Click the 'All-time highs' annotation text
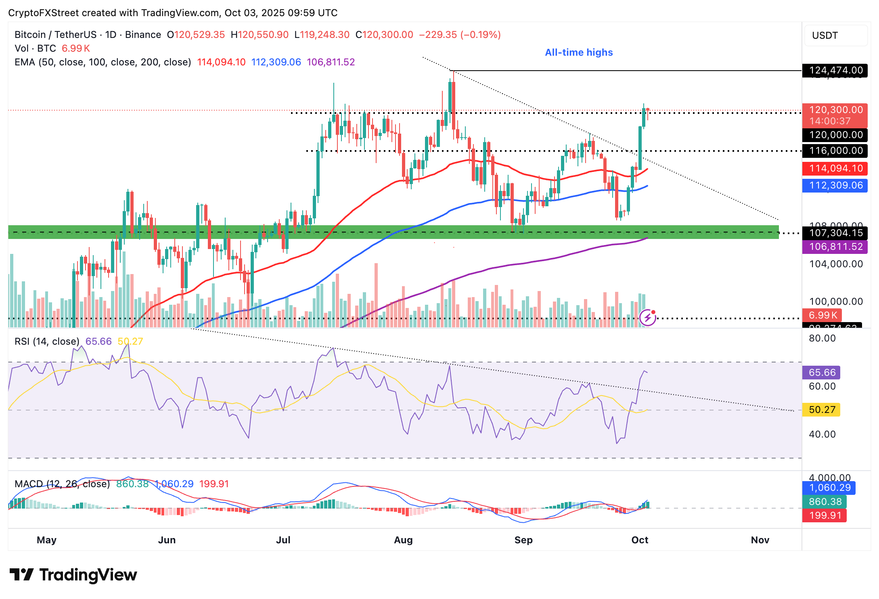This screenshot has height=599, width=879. (578, 52)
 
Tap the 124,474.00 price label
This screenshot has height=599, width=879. (835, 70)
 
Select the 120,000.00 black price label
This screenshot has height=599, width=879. (835, 135)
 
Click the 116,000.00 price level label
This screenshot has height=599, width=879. (835, 151)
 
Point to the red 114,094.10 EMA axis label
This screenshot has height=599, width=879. (835, 168)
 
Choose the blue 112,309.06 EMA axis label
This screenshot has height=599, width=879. (835, 185)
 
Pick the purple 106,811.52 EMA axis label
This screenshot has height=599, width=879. (835, 247)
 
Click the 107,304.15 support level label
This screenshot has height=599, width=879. (835, 233)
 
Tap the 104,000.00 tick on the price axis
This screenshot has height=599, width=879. (836, 264)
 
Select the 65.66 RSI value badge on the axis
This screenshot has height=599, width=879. (822, 373)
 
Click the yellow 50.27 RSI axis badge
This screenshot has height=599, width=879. (822, 410)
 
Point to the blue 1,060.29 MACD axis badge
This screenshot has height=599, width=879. (829, 488)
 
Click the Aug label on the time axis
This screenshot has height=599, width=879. (403, 540)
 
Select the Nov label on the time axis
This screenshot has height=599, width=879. (760, 540)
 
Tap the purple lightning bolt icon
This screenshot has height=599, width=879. (648, 318)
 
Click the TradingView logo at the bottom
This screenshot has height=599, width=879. (73, 575)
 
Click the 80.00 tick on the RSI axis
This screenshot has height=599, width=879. (822, 338)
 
